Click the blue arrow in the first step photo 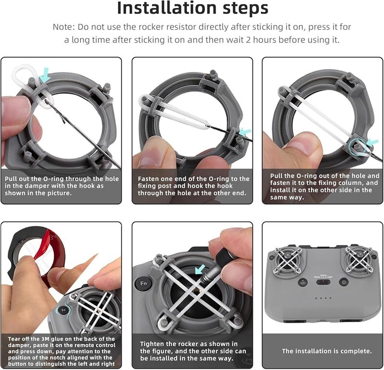point(45,74)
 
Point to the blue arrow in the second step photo point(245,131)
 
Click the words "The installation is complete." point(326,351)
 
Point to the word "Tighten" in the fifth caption point(152,344)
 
